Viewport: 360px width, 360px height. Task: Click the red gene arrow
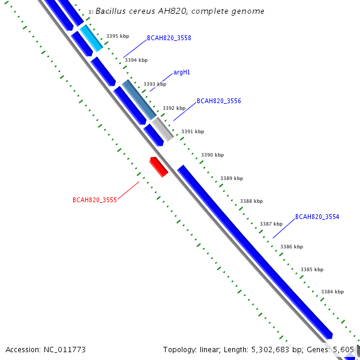158,166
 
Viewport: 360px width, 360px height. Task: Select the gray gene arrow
163,129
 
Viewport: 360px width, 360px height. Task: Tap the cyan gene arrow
92,38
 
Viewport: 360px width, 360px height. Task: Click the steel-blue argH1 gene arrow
139,98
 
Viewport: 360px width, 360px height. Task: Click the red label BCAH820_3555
95,200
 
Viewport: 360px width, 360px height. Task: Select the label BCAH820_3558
169,38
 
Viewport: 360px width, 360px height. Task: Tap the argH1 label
182,72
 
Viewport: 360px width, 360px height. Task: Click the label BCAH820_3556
219,101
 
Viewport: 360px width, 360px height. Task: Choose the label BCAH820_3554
317,217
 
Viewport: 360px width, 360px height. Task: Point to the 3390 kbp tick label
212,155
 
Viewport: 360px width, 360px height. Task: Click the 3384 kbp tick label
332,292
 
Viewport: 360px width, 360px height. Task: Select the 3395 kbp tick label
118,36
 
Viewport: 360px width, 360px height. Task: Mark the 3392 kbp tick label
174,108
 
